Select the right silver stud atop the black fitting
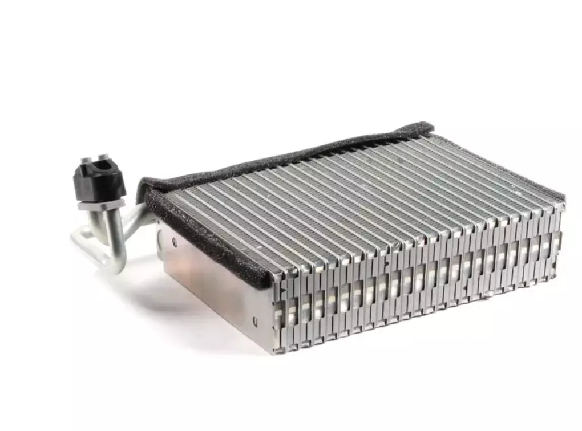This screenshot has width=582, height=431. tap(104, 157)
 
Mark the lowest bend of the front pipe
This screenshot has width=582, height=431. tap(114, 263)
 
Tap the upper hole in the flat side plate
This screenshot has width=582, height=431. tap(174, 242)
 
